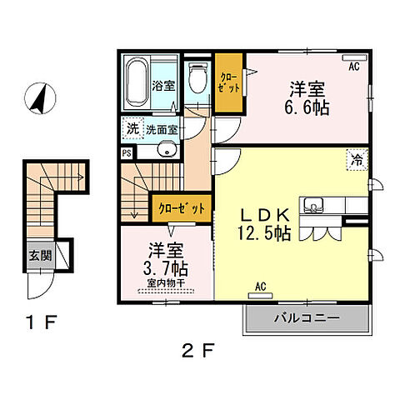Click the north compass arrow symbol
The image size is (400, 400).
pyautogui.click(x=37, y=100)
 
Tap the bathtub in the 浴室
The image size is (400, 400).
pyautogui.click(x=137, y=81)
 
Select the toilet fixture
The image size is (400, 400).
pyautogui.click(x=197, y=82)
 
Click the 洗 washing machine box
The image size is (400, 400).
pyautogui.click(x=132, y=129)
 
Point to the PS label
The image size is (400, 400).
pyautogui.click(x=127, y=152)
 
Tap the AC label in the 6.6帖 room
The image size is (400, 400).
pyautogui.click(x=352, y=67)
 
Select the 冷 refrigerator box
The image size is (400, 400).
pyautogui.click(x=356, y=159)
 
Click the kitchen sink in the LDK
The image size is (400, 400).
pyautogui.click(x=317, y=205)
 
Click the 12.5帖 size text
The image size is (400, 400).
pyautogui.click(x=267, y=234)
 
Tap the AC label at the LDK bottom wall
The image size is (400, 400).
pyautogui.click(x=260, y=287)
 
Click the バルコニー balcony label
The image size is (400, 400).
pyautogui.click(x=306, y=318)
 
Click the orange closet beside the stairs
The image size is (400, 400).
pyautogui.click(x=180, y=208)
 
